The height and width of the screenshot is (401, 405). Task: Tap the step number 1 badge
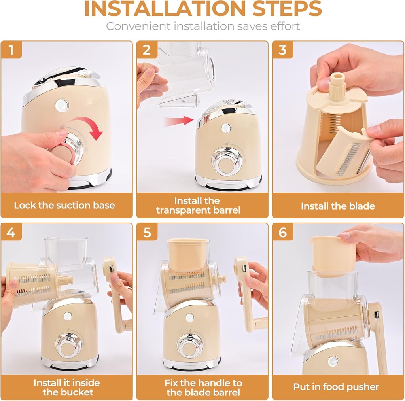pyautogui.click(x=11, y=50)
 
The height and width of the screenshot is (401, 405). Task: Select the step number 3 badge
pyautogui.click(x=282, y=50)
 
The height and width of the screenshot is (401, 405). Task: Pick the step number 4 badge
pyautogui.click(x=11, y=233)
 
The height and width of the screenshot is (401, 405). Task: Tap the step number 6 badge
pyautogui.click(x=282, y=233)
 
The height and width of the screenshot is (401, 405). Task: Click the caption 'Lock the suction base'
pyautogui.click(x=64, y=205)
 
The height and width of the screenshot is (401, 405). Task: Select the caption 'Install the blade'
pyautogui.click(x=338, y=206)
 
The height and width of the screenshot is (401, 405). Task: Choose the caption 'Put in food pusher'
pyautogui.click(x=336, y=387)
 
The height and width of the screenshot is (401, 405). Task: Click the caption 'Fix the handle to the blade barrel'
pyautogui.click(x=203, y=387)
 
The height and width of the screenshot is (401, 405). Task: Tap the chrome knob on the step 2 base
pyautogui.click(x=226, y=161)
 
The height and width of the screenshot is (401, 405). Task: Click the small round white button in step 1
pyautogui.click(x=62, y=104)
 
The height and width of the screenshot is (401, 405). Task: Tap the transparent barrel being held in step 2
pyautogui.click(x=186, y=73)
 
